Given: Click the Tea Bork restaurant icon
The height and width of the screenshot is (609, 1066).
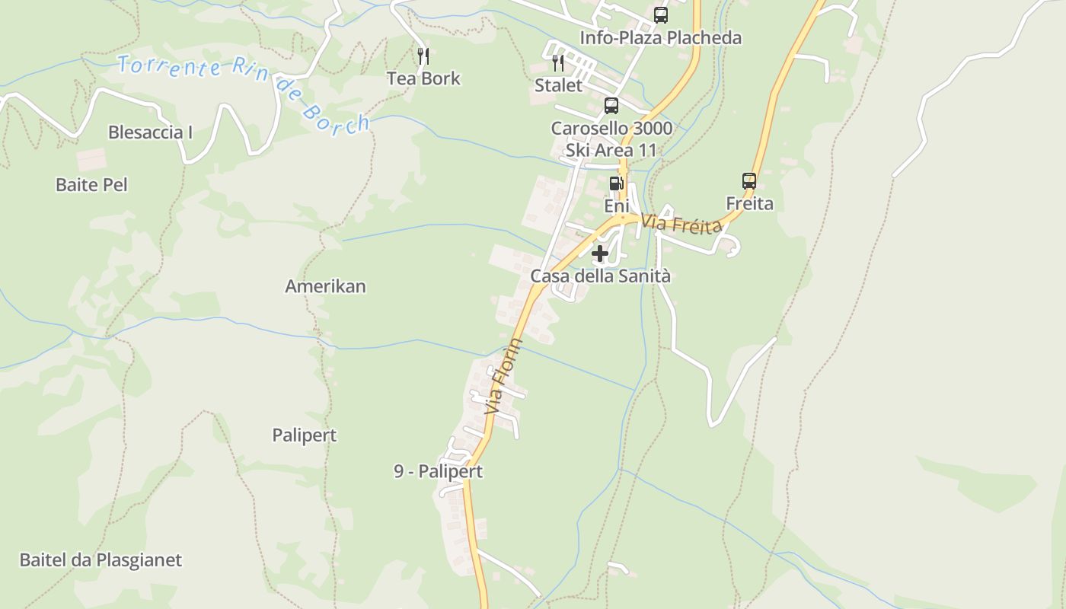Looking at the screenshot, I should [423, 56].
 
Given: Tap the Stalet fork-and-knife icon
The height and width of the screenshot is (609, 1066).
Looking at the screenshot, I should [558, 62].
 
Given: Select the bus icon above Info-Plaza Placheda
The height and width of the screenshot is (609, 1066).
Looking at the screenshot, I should [660, 15].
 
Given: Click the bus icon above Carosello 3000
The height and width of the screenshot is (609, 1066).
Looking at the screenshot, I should [611, 106].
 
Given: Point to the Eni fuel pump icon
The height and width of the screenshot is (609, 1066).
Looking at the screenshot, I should [615, 183].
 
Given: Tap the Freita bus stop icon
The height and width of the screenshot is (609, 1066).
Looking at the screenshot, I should [749, 181].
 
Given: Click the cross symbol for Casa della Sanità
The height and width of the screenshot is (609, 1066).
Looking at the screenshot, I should [600, 253].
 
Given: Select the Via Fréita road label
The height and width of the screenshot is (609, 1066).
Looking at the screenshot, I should [681, 225].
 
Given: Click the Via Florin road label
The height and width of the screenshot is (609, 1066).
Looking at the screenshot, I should [504, 377].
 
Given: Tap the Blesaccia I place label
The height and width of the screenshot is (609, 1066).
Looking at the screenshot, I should [150, 132].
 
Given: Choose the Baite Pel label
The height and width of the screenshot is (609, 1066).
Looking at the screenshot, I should [91, 185].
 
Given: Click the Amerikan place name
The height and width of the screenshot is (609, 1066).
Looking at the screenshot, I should [325, 286].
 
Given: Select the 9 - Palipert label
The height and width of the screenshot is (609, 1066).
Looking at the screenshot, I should [438, 471].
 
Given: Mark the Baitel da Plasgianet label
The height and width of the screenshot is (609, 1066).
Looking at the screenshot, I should [101, 560].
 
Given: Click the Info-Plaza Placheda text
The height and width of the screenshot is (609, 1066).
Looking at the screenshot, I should [660, 37].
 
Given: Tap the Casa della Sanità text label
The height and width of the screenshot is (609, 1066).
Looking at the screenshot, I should [600, 276].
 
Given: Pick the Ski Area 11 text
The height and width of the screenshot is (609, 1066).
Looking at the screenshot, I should [611, 150].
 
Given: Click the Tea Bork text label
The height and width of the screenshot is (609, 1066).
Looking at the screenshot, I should [423, 78].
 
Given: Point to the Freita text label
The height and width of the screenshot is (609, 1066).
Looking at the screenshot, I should [749, 203].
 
